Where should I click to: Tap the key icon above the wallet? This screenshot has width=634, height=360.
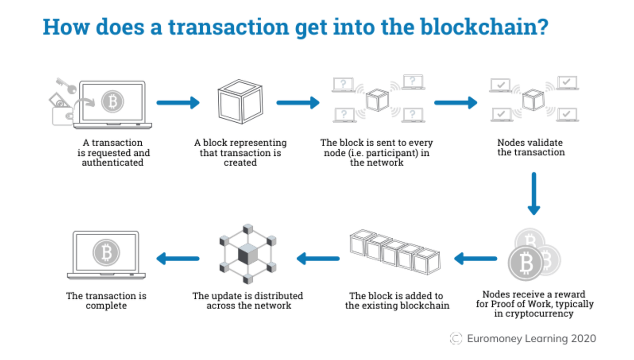point(66,86)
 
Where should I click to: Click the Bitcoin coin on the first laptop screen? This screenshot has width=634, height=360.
point(113,101)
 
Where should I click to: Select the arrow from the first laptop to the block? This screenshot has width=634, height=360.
point(178,103)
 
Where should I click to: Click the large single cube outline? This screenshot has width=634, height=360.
point(240,101)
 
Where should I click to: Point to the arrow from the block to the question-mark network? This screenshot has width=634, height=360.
point(298,103)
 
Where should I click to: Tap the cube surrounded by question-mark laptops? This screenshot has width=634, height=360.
point(377,100)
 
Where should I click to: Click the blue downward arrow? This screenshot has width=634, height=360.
point(534,194)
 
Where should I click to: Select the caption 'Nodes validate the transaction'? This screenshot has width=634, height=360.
point(531,148)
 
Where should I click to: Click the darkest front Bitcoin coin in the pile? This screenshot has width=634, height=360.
point(526,263)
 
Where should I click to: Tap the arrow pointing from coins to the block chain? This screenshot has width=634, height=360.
point(475,259)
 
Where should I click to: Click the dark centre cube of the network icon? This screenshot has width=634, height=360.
point(248,254)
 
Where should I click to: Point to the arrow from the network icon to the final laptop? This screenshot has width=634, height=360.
point(178,259)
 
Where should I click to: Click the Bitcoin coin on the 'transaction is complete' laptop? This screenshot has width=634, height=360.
point(106,253)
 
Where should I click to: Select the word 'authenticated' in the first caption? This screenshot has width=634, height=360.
point(113,163)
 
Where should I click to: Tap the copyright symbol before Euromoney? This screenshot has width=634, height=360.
point(456,339)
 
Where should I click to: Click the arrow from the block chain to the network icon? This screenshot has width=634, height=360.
point(318,259)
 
